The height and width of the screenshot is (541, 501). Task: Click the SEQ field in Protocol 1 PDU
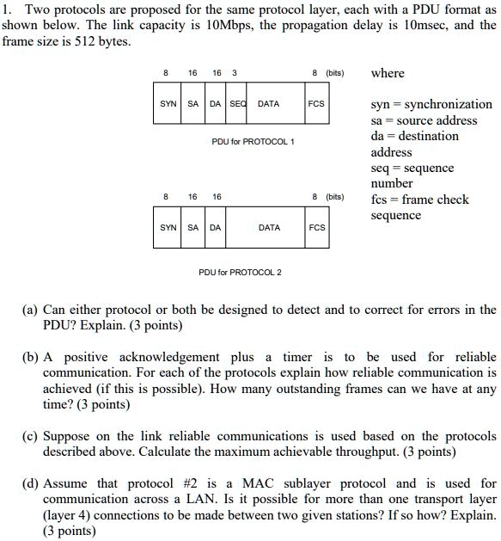coord(235,104)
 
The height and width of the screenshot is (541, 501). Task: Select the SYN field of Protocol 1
coord(168,104)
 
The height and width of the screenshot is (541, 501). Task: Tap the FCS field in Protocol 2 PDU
coord(317,228)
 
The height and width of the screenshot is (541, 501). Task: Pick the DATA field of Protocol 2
coord(269,228)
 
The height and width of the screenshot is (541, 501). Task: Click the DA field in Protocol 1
coord(214,104)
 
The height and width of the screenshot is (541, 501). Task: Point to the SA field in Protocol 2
coord(192,228)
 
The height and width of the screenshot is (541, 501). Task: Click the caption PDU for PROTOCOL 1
coord(253,141)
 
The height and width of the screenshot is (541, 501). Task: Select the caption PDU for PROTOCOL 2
coord(240,273)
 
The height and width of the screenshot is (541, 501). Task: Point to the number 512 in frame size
coord(78,41)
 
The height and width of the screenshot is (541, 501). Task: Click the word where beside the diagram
coord(388,73)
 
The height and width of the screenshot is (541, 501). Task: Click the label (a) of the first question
coord(30,310)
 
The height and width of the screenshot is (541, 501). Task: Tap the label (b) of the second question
coord(30,357)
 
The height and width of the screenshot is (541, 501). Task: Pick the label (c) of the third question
coord(30,436)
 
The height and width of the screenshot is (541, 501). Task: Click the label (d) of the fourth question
coord(30,483)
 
